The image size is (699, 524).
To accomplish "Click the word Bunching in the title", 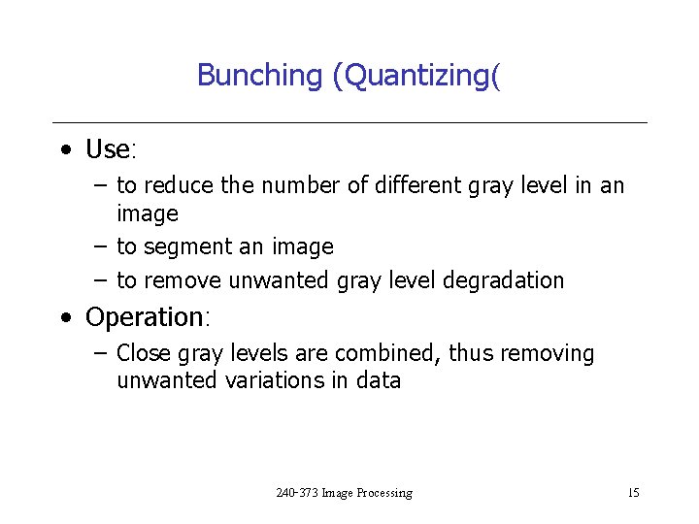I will pyautogui.click(x=259, y=75).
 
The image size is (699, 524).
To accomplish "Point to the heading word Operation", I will pyautogui.click(x=144, y=317).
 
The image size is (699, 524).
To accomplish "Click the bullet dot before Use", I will pyautogui.click(x=64, y=150).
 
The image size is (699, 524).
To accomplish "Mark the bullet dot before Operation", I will pyautogui.click(x=64, y=318).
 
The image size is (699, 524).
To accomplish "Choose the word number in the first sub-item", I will pyautogui.click(x=302, y=185).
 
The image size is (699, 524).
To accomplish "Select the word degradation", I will pyautogui.click(x=503, y=280).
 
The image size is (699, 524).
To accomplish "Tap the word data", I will pyautogui.click(x=379, y=380).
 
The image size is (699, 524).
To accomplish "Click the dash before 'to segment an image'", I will pyautogui.click(x=100, y=246).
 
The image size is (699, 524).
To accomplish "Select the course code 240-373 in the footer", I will pyautogui.click(x=297, y=493).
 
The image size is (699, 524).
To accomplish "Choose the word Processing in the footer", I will pyautogui.click(x=384, y=493).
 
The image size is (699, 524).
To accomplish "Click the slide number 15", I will pyautogui.click(x=633, y=493).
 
